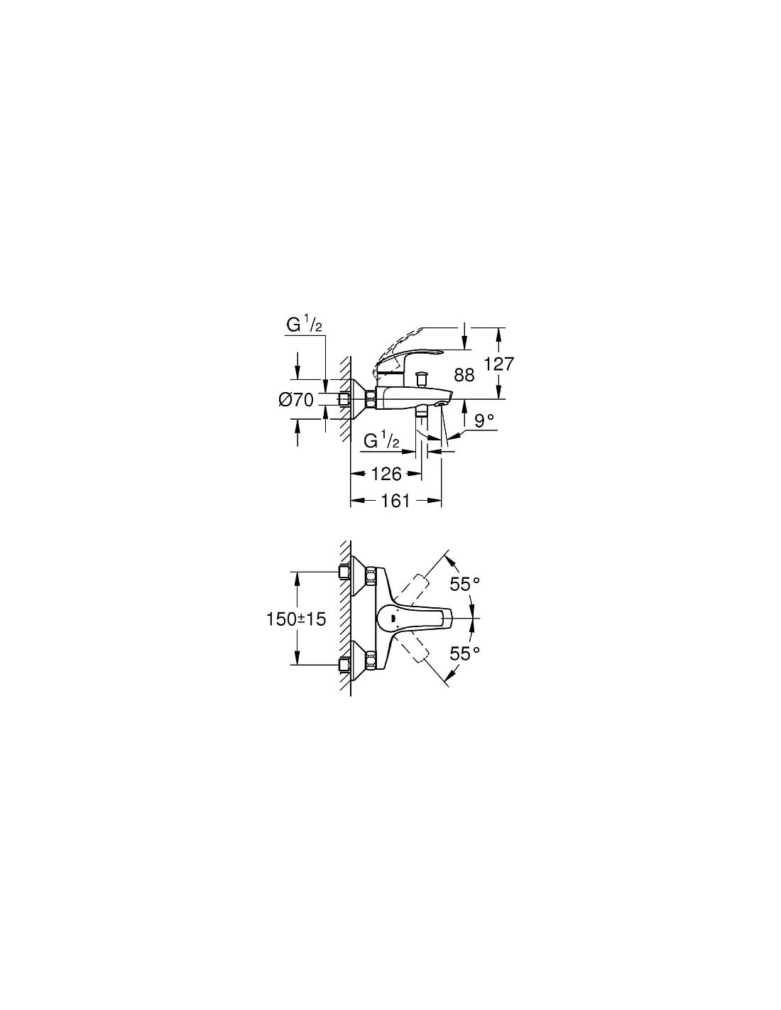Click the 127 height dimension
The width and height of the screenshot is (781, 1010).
(499, 364)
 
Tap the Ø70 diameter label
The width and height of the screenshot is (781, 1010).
(296, 399)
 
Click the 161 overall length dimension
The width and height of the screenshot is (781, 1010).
(395, 501)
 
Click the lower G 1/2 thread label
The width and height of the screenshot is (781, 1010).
(382, 440)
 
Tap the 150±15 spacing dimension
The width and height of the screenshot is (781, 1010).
(296, 619)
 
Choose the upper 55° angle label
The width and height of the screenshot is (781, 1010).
(464, 584)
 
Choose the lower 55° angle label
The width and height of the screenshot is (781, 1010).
(464, 653)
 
